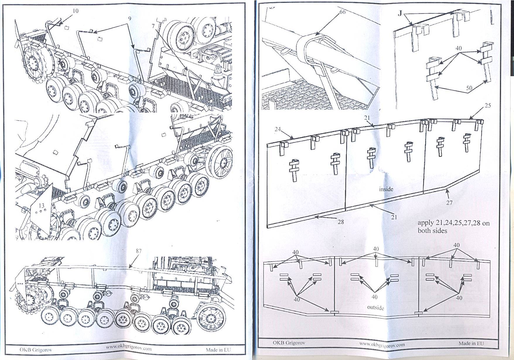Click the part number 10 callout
pos(75,11)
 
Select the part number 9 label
pos(129,18)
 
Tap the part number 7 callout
pos(153,26)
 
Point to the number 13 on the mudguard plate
pos(42,206)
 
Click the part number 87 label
pos(139,251)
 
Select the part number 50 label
pos(469,88)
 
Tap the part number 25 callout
pos(487,106)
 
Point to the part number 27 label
pos(450,202)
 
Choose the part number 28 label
pos(341,222)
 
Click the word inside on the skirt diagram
pos(386,189)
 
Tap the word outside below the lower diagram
pos(375,308)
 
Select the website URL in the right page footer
pos(382,344)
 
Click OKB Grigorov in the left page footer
pos(32,349)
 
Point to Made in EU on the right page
pos(471,343)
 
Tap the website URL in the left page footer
pos(129,349)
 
